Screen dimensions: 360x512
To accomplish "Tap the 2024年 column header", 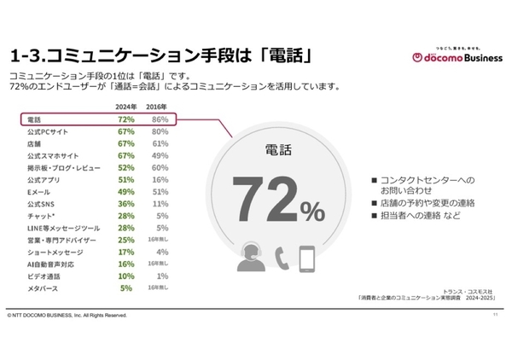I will pos(126,107).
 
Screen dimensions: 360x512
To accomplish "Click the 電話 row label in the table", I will pos(35,120).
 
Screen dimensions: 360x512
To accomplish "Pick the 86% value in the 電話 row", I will pos(160,120).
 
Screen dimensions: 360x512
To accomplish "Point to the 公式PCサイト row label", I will pos(48,132).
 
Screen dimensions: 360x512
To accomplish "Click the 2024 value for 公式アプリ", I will pos(126,180).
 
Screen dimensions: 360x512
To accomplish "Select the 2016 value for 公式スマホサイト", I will pos(160,156).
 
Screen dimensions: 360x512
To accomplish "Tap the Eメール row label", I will pos(40,192).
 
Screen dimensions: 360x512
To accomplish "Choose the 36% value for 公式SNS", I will pos(126,205).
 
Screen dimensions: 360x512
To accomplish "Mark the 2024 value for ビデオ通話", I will pos(126,276).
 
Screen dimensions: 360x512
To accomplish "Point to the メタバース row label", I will pos(43,288).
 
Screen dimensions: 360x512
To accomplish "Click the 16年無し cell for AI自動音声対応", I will pos(160,264).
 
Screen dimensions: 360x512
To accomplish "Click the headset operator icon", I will pos(250,258).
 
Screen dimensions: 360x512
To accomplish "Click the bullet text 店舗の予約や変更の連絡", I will pos(424,203).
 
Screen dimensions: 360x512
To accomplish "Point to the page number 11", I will pos(496,316).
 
